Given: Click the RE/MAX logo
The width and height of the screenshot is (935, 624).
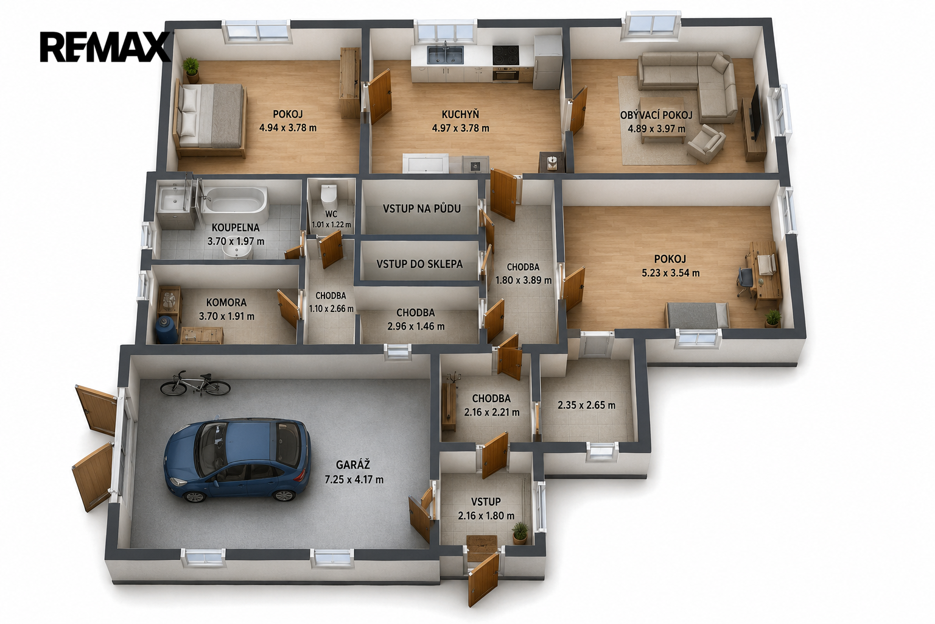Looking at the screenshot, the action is pos(105,48).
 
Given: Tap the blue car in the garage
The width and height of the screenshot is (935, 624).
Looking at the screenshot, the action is pos(237,459).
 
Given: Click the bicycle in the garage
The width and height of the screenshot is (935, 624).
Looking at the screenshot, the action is pos(195,383).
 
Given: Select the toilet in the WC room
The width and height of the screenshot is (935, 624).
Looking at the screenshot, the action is pos(329,195).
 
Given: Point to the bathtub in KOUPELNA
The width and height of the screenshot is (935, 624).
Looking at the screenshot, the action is pos(234,205).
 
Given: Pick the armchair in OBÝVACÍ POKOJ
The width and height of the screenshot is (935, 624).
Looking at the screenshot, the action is pos(706,143).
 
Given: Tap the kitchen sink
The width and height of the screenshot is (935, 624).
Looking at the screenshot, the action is pos(445,55).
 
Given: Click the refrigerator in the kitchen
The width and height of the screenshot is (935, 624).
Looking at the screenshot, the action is pos(547,62).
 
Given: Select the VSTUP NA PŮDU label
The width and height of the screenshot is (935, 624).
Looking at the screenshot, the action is pos(422,208).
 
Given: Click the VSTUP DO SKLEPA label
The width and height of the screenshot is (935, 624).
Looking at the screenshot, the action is pos(419,264).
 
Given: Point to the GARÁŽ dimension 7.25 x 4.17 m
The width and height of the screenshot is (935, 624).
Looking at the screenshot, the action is pos(354,480).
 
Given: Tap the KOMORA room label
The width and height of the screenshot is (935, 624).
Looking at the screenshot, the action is pos(226,302).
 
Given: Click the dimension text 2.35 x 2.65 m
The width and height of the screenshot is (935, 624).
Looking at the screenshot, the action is pos(586,405).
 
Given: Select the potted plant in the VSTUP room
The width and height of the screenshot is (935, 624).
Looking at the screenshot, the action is pos(520,533).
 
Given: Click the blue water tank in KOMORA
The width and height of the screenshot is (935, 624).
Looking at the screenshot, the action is pos(167,329).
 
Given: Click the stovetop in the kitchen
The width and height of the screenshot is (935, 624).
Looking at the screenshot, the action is pos(505,55).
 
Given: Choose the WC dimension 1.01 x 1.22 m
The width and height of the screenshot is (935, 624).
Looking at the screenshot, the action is pos(331,224).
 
